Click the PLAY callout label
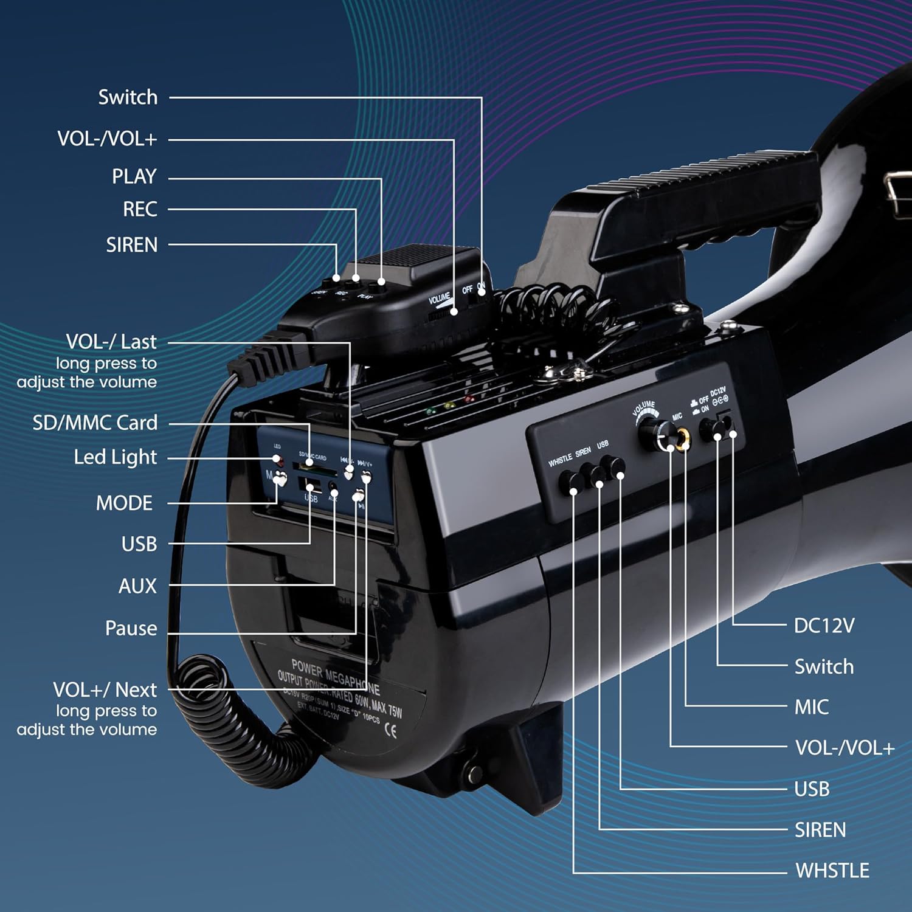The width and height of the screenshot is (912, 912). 134,176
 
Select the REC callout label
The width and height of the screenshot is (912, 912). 140,209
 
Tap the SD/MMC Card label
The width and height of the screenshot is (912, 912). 95,423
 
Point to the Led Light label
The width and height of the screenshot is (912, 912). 115,457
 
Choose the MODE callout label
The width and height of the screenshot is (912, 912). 124,503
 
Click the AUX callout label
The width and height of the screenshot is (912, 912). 137,586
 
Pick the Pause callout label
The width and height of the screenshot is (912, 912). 131,628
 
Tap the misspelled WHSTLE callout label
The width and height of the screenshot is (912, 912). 832,871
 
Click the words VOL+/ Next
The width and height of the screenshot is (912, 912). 105,690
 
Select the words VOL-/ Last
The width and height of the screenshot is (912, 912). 111,342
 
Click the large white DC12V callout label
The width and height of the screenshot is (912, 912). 824,626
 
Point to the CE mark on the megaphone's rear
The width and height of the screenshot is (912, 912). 392,730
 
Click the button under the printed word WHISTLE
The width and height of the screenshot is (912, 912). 572,482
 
